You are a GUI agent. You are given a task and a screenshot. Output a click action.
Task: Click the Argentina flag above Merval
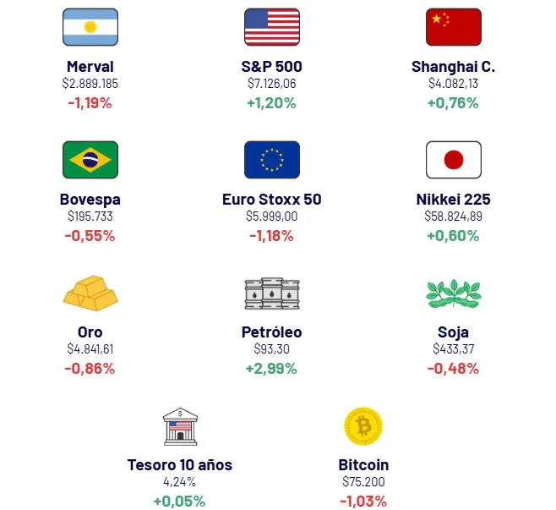90,27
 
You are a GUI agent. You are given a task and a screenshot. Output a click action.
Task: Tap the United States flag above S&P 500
271,27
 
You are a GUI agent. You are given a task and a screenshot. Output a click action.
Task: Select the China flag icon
453,27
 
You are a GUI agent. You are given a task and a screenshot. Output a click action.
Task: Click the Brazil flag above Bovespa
90,160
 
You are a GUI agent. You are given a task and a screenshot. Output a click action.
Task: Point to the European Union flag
271,160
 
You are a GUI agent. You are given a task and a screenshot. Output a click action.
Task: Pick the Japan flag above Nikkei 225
453,160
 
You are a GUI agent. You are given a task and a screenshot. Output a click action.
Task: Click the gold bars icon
90,293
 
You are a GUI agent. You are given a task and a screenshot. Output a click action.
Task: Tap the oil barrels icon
271,293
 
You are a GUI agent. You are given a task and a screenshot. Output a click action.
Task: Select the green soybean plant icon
453,293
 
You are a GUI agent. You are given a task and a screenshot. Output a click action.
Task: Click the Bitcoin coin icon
363,426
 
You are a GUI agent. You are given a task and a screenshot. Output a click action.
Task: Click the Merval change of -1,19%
90,103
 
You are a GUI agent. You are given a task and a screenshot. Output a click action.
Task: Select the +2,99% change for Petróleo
271,369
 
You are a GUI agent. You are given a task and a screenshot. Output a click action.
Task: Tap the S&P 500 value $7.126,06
271,84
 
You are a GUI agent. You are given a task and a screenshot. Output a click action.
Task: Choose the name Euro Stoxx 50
271,200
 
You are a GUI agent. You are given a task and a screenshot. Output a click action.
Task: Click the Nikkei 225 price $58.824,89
453,217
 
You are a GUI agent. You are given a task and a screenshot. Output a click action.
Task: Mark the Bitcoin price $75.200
363,482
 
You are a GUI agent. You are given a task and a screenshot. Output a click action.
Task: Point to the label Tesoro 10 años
179,465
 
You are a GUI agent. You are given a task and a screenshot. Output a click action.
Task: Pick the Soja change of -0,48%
453,369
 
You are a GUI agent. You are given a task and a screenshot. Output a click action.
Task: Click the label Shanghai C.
453,67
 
